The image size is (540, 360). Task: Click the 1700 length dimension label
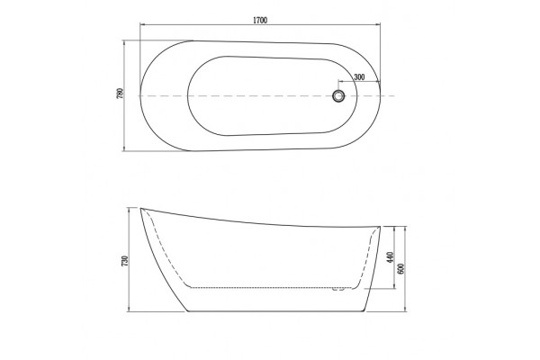click(x=260, y=21)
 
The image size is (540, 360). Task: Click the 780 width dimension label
click(x=121, y=94)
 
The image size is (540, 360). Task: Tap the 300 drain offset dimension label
click(x=359, y=77)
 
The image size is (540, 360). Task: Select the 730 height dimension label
click(x=125, y=261)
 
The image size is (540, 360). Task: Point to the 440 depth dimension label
click(x=390, y=257)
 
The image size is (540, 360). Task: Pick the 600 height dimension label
click(x=400, y=268)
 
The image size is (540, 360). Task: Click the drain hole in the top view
click(x=338, y=95)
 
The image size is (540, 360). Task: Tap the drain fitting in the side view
click(x=338, y=289)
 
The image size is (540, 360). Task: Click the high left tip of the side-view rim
click(x=140, y=208)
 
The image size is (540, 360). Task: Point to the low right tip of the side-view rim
click(x=380, y=227)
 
